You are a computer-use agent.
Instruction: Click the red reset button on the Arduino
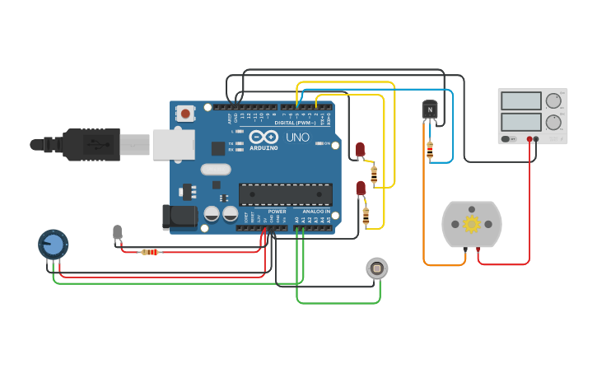coord(186,114)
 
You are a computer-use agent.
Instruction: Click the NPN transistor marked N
coord(429,110)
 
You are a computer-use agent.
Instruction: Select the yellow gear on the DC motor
coord(472,224)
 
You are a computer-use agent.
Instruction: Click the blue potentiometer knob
coord(53,244)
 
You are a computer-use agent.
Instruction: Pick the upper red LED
coord(360,149)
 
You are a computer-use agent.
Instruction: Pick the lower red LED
coord(361,188)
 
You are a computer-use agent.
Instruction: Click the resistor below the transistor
coord(429,150)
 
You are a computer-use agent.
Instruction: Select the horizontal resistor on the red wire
coord(149,252)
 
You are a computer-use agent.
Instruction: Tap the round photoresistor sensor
coord(376,268)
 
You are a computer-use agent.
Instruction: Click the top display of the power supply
coord(520,100)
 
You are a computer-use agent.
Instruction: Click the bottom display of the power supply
coord(520,123)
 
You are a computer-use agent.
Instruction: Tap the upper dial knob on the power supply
coord(554,100)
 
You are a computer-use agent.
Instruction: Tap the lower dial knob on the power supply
coord(554,123)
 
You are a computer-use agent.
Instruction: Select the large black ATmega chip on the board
coord(286,194)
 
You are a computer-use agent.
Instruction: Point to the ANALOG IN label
coord(316,212)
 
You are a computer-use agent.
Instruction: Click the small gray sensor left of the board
coord(118,233)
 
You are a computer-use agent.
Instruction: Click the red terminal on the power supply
coord(537,139)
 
